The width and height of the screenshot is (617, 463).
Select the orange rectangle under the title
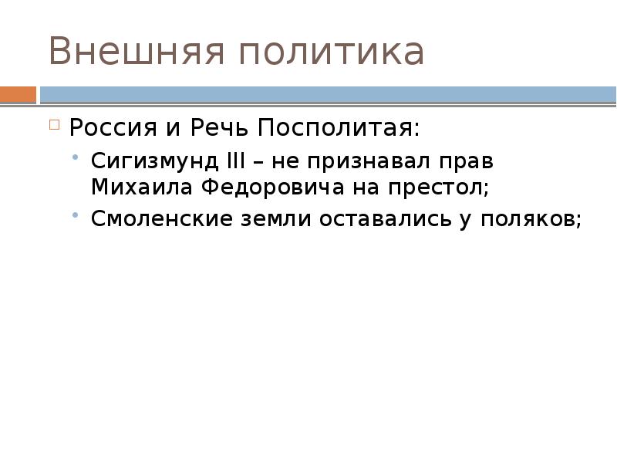18,95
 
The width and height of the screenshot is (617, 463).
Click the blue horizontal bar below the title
328,95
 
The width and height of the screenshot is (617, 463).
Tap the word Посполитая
339,127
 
